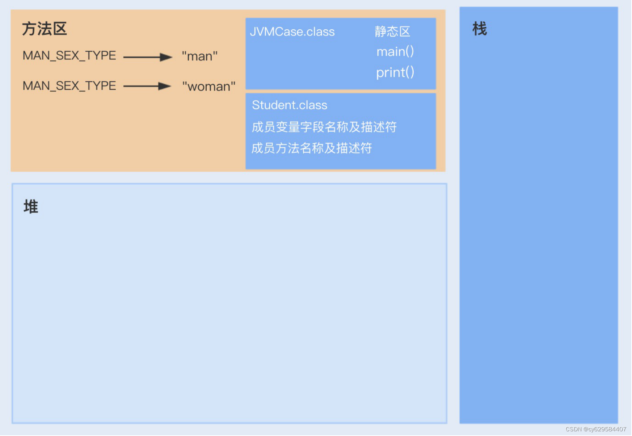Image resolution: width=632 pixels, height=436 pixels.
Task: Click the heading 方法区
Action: (45, 29)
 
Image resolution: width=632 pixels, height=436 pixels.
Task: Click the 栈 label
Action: (480, 29)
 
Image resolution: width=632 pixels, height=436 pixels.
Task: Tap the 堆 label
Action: (31, 207)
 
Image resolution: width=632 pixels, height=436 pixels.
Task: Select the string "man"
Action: (199, 56)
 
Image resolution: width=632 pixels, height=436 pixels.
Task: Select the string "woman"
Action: (208, 87)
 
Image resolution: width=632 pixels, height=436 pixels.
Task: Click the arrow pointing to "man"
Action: (147, 57)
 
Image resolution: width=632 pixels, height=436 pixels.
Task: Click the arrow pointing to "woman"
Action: (147, 86)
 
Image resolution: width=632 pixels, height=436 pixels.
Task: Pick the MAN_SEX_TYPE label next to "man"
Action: (69, 56)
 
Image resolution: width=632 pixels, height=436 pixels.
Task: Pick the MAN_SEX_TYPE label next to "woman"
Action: (69, 86)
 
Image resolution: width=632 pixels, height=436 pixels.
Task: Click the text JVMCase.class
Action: (292, 32)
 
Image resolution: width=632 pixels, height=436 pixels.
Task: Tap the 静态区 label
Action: (392, 32)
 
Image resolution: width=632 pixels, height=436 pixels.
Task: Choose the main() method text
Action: (395, 52)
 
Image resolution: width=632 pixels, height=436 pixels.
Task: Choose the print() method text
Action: (395, 72)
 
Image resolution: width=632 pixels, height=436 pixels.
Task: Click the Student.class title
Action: (290, 105)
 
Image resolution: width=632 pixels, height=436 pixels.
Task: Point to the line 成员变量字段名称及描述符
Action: (324, 127)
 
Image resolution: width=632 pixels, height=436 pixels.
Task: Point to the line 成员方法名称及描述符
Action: (312, 148)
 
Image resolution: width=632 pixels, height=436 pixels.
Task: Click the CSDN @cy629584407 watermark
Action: (595, 429)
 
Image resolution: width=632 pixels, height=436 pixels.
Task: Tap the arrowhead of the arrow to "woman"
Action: (165, 86)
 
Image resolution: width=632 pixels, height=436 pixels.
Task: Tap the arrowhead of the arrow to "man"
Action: (166, 57)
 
